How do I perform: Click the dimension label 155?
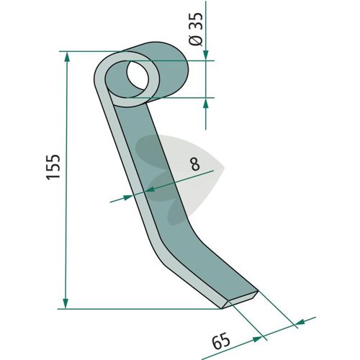coord(53,166)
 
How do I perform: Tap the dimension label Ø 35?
coord(196,29)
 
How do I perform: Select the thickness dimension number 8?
coord(195,164)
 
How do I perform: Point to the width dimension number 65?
coord(221,341)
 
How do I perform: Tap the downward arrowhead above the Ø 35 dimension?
coord(206,55)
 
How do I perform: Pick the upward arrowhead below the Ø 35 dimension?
coord(206,103)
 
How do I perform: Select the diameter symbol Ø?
coord(196,40)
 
